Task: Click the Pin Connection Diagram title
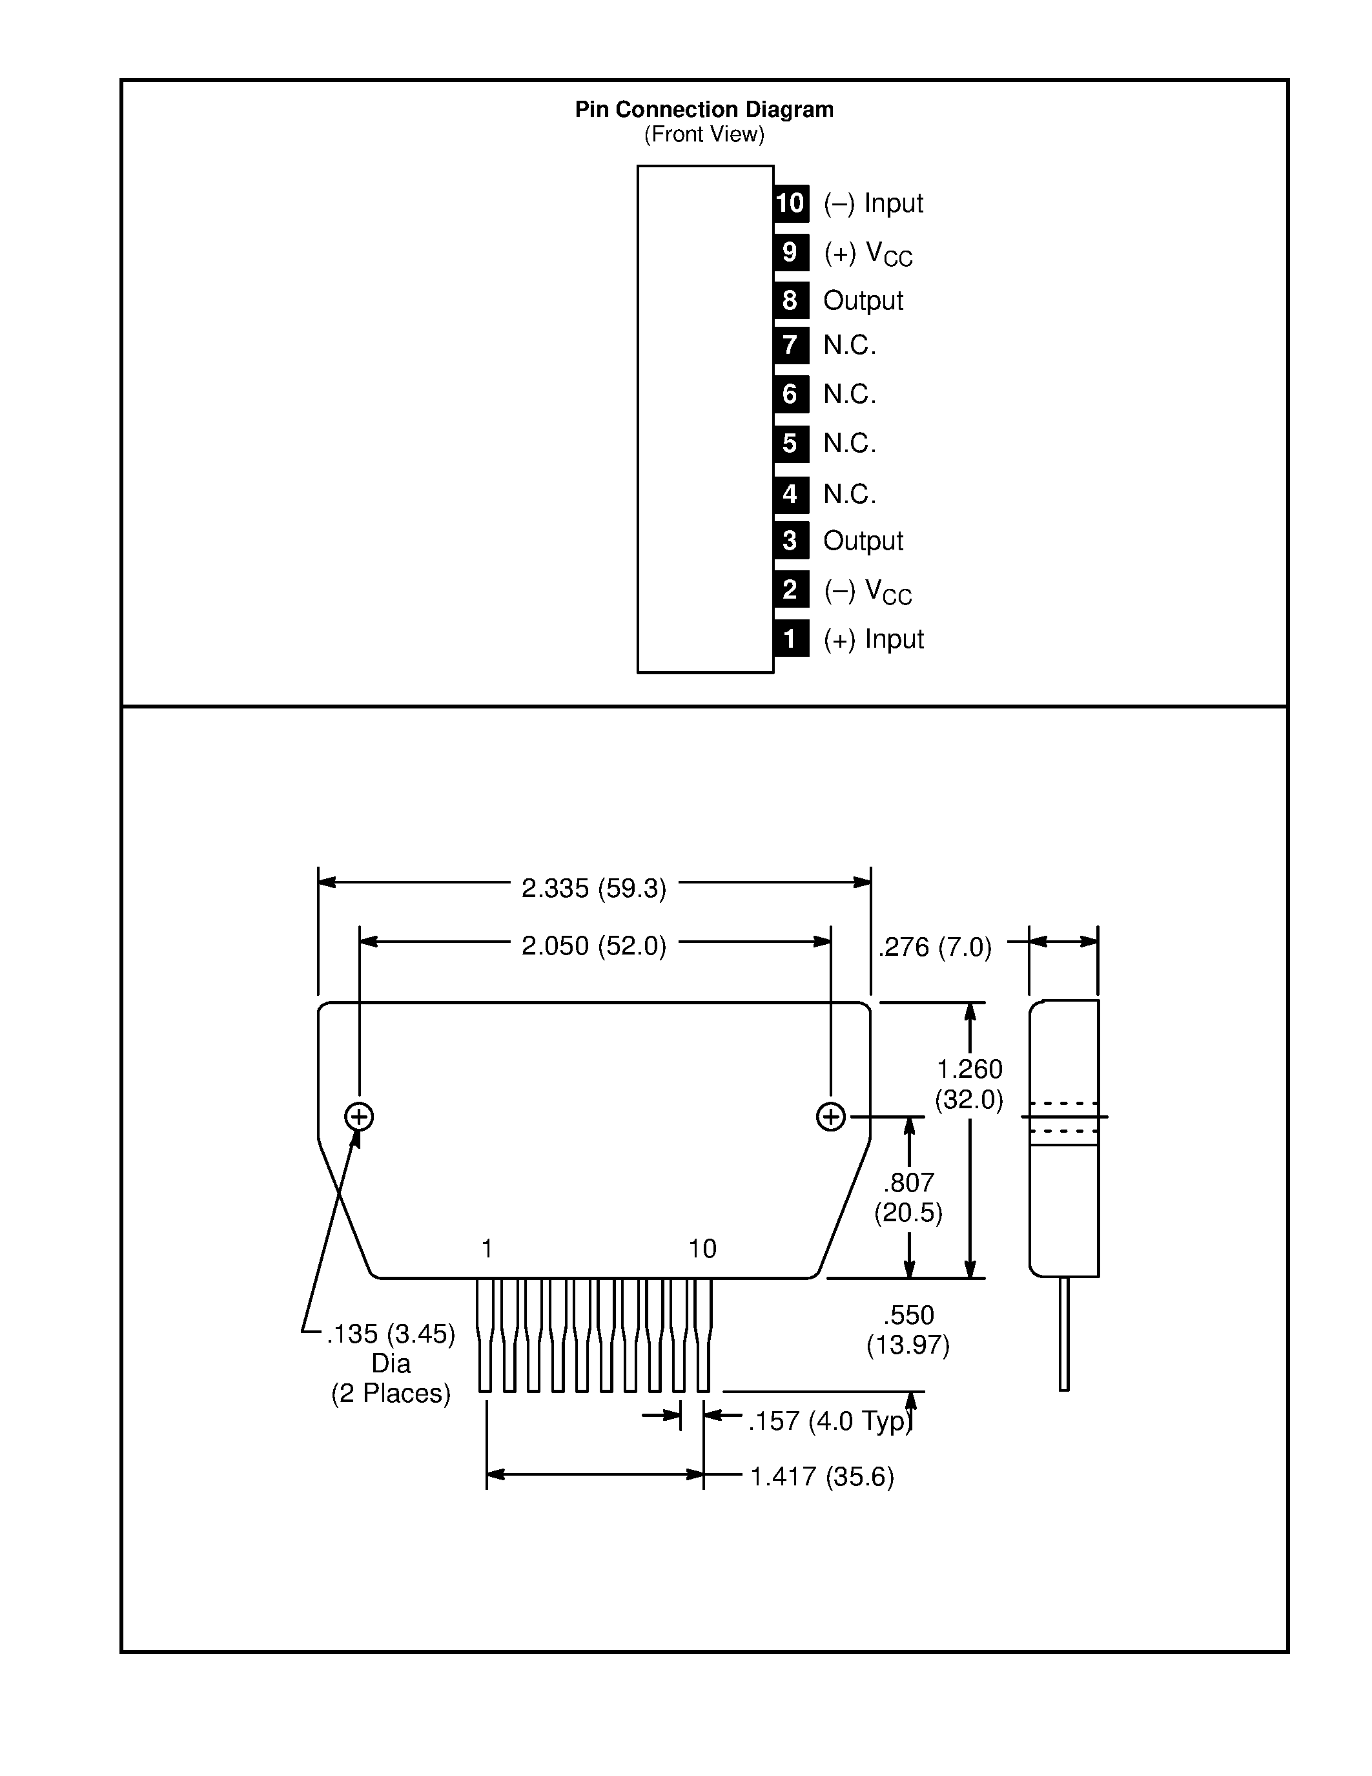click(x=704, y=110)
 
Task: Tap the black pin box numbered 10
click(x=791, y=203)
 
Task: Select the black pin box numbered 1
click(x=791, y=638)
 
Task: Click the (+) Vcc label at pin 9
click(x=868, y=254)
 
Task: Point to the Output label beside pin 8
click(x=863, y=301)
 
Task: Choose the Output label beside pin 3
click(x=863, y=541)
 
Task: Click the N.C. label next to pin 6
click(x=850, y=395)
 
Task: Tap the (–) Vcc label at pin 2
click(x=867, y=591)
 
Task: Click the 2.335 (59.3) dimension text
click(x=593, y=888)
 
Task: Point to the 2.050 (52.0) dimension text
click(x=593, y=945)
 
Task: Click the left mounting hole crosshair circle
click(x=359, y=1117)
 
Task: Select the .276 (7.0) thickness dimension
click(x=935, y=947)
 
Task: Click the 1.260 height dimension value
click(x=969, y=1069)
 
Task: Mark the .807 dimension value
click(x=908, y=1182)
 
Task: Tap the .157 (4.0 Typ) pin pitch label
click(x=828, y=1421)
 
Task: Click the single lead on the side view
click(x=1064, y=1334)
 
